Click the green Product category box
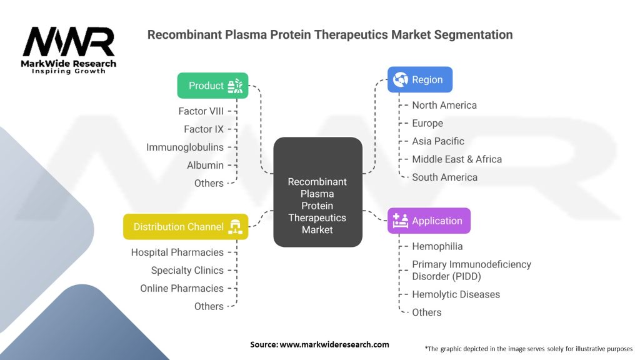212,86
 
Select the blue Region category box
419,80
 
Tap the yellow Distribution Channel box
186,227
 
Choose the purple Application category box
429,221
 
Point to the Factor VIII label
201,111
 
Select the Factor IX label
203,129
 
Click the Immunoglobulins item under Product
184,147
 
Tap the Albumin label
205,165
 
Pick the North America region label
444,105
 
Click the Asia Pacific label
437,141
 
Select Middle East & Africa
456,159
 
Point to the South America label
444,177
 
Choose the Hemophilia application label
437,246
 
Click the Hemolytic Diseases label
456,294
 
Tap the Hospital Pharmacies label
177,252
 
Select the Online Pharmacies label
181,288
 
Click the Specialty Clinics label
187,271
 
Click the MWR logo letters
69,42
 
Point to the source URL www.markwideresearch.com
334,344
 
